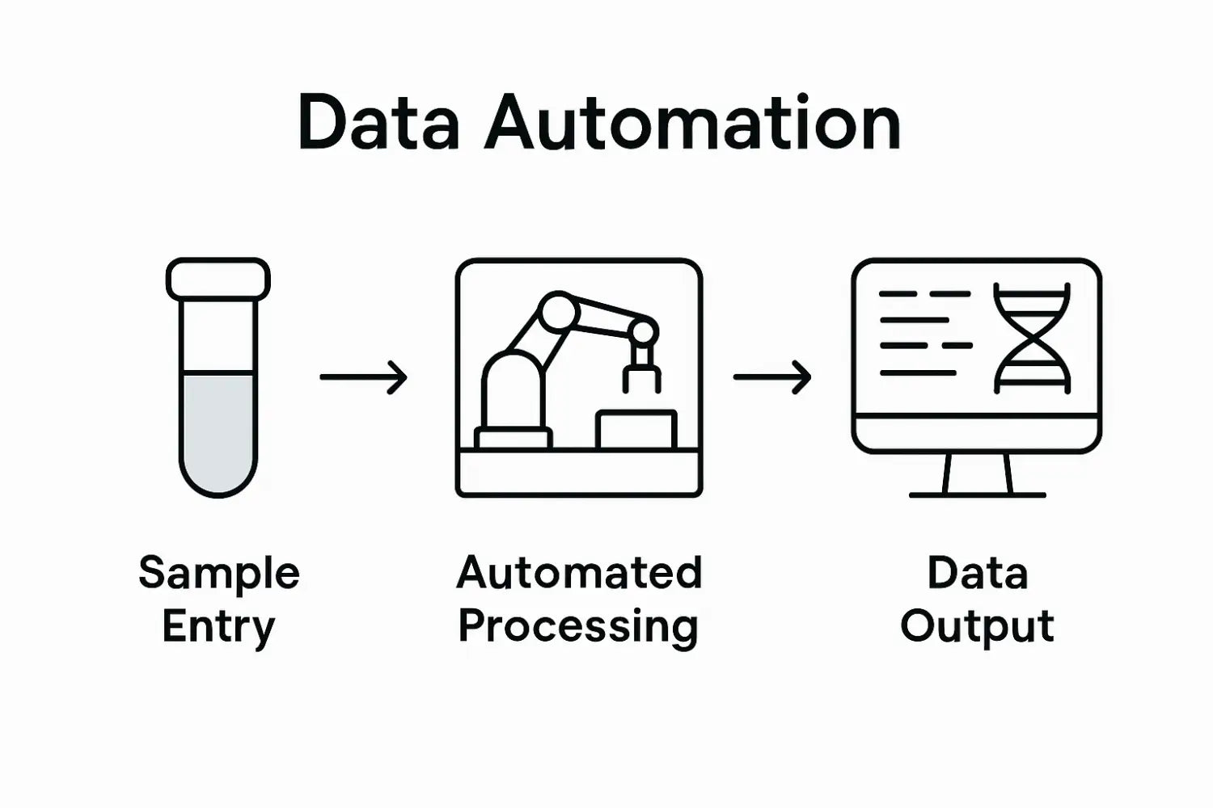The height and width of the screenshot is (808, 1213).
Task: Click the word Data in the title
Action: pyautogui.click(x=378, y=124)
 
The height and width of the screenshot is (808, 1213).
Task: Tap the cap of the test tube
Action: pyautogui.click(x=218, y=280)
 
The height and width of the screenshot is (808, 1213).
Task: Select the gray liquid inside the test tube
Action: pyautogui.click(x=218, y=428)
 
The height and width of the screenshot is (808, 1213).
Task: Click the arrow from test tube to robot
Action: pyautogui.click(x=363, y=377)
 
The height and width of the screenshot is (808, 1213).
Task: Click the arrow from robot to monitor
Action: pyautogui.click(x=771, y=377)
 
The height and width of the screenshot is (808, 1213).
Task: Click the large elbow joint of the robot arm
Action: pyautogui.click(x=557, y=313)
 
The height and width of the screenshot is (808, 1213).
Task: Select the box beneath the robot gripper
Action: pyautogui.click(x=636, y=429)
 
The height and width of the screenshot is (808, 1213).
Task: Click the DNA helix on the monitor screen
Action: pyautogui.click(x=1032, y=339)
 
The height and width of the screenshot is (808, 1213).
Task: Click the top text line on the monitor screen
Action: pyautogui.click(x=924, y=294)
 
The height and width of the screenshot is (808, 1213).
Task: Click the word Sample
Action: pyautogui.click(x=219, y=574)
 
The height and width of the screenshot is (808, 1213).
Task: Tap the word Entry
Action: pyautogui.click(x=218, y=626)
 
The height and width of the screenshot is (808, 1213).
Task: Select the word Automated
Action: pyautogui.click(x=579, y=573)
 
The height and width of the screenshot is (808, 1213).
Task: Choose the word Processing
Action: pyautogui.click(x=578, y=626)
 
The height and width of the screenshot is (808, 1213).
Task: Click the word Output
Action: pyautogui.click(x=977, y=626)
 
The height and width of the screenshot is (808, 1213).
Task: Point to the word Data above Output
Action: pyautogui.click(x=977, y=573)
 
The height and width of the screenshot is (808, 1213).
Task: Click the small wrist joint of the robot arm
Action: pyautogui.click(x=644, y=332)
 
